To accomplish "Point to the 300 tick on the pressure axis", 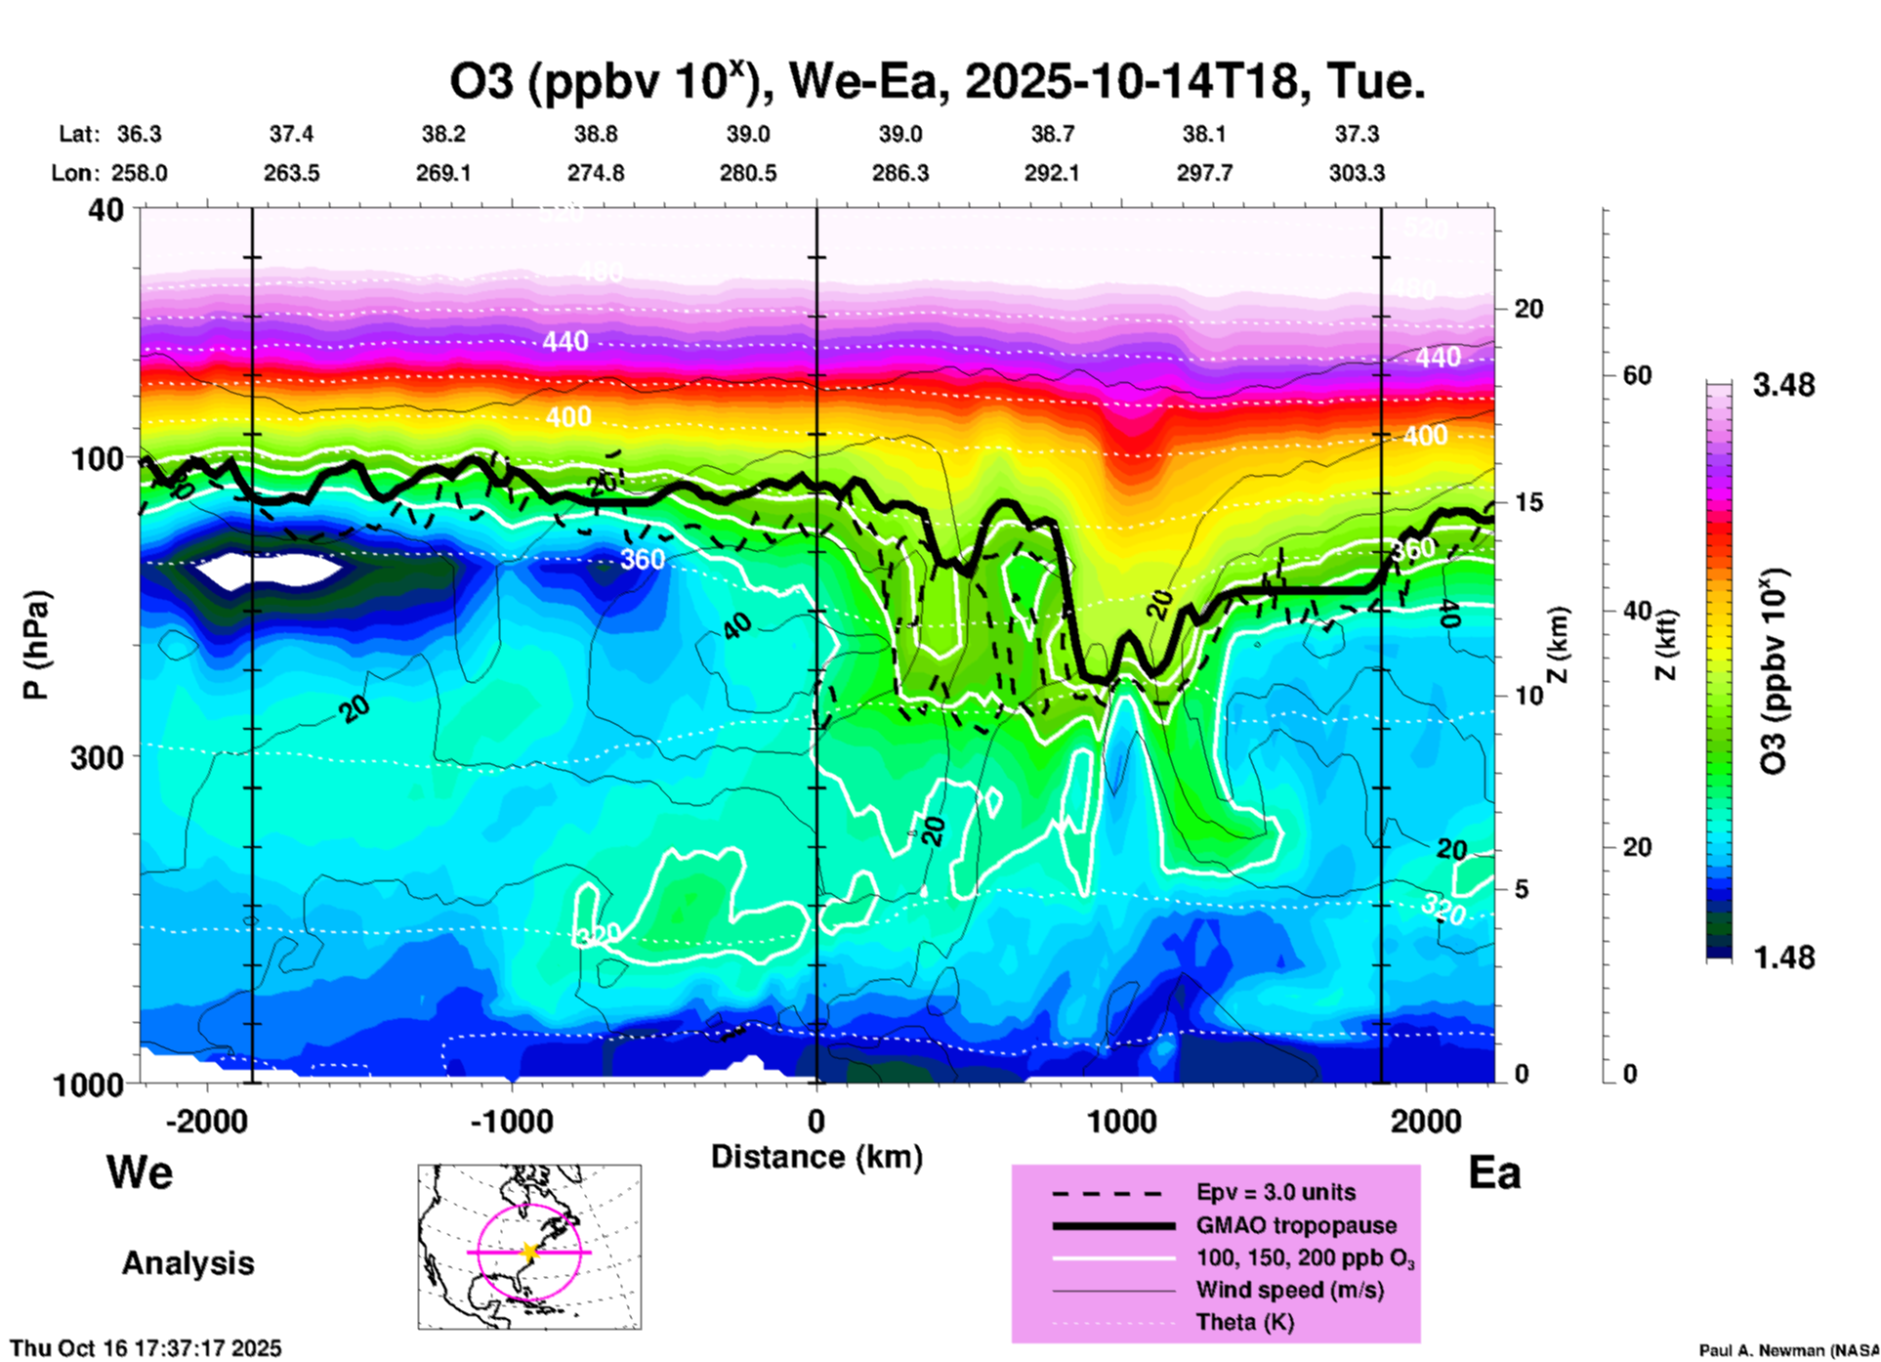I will [98, 757].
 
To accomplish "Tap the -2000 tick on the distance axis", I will [206, 1122].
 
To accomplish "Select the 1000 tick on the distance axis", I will [1121, 1122].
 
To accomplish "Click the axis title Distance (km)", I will [816, 1157].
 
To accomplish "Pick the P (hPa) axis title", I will [36, 645].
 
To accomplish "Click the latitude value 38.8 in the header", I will [596, 134].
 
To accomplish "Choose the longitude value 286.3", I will [900, 173].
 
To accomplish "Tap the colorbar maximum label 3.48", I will [1783, 386].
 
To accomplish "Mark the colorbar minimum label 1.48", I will [1783, 958].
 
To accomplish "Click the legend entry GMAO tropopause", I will [1296, 1225].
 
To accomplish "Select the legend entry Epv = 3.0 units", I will [1275, 1193].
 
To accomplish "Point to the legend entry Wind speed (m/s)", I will [1289, 1291].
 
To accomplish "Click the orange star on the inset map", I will [528, 1252].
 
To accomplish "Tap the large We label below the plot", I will [140, 1171].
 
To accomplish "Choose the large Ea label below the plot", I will [1494, 1172].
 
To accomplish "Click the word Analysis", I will [188, 1263].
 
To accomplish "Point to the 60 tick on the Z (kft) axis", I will [1637, 375].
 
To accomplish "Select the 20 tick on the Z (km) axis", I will [1528, 309].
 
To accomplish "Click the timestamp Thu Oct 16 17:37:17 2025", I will [146, 1348].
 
